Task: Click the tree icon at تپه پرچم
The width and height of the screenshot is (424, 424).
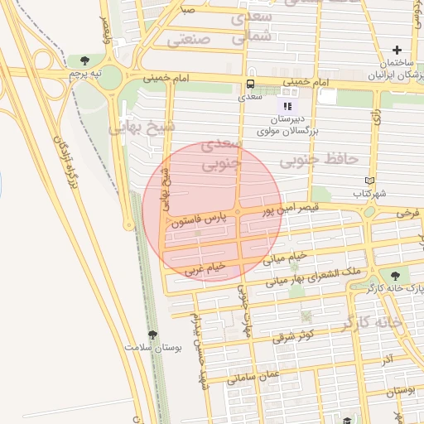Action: click(x=85, y=60)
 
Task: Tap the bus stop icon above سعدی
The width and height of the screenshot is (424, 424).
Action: click(x=251, y=84)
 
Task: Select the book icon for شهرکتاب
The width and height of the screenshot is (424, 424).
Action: click(x=369, y=181)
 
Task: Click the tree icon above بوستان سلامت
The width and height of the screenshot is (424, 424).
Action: click(x=152, y=335)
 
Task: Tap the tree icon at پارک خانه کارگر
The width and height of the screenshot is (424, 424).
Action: click(x=394, y=275)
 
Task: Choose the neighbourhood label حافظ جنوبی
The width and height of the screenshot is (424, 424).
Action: click(x=329, y=157)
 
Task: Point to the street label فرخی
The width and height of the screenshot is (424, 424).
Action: click(x=407, y=213)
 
